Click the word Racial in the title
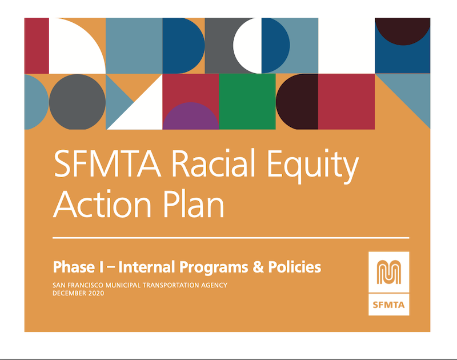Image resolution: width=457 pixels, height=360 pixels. tap(213, 163)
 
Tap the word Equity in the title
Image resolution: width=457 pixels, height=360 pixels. tap(312, 166)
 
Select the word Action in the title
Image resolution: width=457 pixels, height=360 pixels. tap(102, 204)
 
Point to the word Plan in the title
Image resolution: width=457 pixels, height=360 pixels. tap(194, 204)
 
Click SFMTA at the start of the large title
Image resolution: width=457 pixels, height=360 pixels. tap(107, 163)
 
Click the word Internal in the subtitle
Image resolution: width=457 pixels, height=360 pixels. tap(147, 267)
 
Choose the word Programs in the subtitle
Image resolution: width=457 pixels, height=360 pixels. tap(214, 268)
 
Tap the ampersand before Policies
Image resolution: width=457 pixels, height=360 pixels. tap(258, 267)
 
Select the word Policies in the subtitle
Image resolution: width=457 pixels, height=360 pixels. tap(295, 267)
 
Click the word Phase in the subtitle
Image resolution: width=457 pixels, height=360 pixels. tap(74, 267)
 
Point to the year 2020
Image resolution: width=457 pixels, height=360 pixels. tap(96, 293)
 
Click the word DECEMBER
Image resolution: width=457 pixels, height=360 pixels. tap(69, 293)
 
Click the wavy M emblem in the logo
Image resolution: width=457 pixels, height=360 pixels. tap(389, 271)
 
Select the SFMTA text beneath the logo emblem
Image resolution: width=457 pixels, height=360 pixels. tap(389, 305)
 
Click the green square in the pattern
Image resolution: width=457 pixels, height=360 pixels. tap(247, 102)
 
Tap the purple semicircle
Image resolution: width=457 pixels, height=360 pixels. tap(191, 116)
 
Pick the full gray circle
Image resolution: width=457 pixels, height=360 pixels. tap(77, 102)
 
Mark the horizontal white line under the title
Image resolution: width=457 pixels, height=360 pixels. tap(231, 238)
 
